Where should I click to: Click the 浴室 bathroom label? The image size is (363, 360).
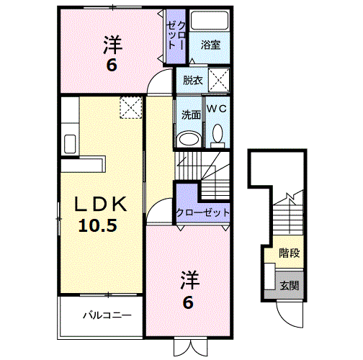click(x=210, y=45)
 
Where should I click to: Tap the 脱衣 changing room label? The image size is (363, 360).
click(x=192, y=80)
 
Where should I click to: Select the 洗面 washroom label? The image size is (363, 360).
click(x=190, y=113)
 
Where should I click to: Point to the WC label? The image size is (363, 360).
click(x=218, y=109)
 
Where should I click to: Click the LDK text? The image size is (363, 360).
click(x=102, y=204)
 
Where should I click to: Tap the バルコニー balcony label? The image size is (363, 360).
click(x=106, y=315)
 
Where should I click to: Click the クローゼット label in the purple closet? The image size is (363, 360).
click(x=203, y=212)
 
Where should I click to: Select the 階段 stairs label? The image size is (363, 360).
click(x=290, y=253)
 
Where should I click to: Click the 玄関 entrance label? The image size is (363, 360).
click(x=290, y=286)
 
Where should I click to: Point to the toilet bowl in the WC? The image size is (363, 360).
click(x=218, y=134)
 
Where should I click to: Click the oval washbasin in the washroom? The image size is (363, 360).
click(x=189, y=138)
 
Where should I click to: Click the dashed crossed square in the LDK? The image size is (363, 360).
click(x=131, y=108)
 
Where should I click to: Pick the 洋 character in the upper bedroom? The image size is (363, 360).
click(x=112, y=45)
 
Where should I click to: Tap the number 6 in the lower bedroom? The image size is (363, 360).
click(x=188, y=302)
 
